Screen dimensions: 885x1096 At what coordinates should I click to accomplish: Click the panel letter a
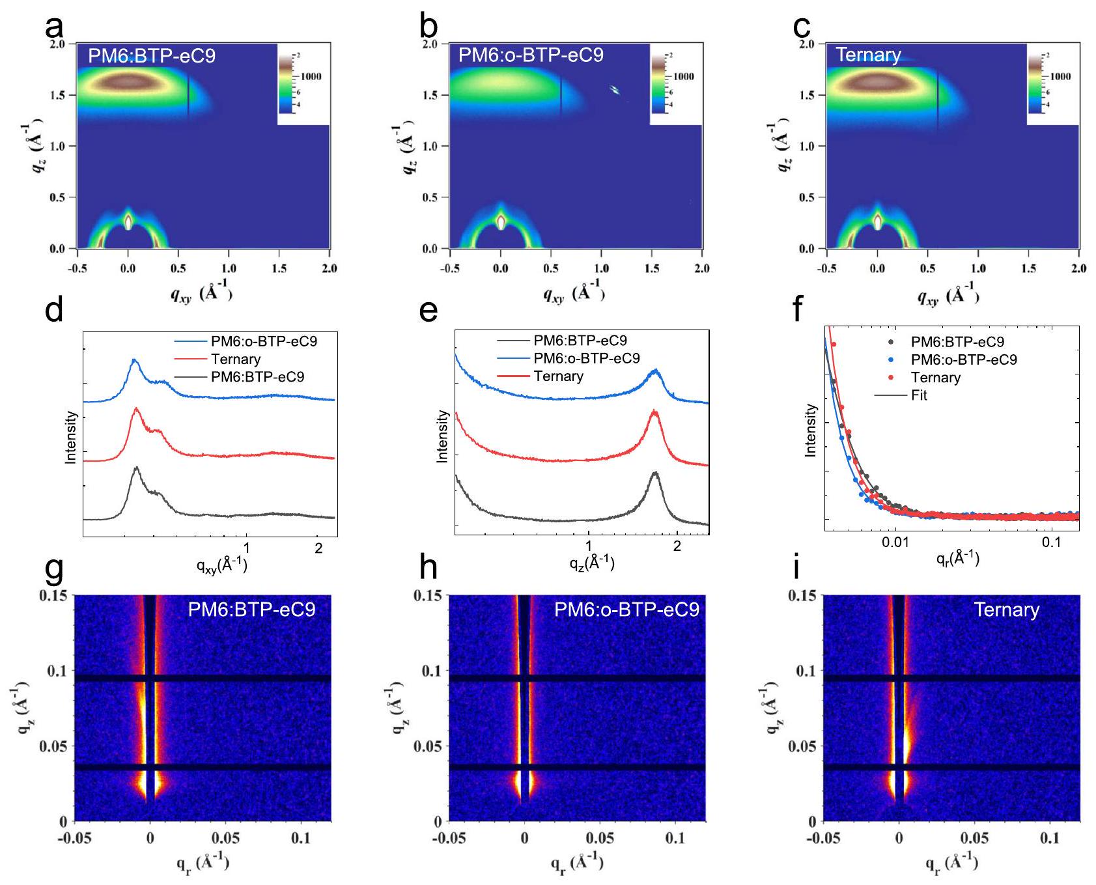point(54,27)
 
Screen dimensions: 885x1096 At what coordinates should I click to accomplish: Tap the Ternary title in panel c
point(868,55)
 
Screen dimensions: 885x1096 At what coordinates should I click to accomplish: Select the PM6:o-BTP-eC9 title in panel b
point(531,55)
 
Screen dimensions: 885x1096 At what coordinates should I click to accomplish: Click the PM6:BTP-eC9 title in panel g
point(251,610)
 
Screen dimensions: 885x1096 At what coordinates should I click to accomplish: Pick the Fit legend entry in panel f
point(918,395)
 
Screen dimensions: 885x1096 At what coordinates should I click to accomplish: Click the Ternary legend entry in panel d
point(235,359)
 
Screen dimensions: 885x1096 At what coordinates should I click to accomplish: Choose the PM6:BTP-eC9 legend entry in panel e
point(580,341)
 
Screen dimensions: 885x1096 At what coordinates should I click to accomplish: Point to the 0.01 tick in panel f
point(895,542)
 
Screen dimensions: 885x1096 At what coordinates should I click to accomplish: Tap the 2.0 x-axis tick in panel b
point(701,268)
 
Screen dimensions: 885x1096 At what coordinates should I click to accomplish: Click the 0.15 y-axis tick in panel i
point(802,596)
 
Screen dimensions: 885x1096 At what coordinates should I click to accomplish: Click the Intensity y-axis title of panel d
point(71,437)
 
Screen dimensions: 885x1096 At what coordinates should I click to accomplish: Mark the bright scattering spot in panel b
point(613,90)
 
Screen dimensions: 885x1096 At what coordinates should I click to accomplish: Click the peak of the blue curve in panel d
point(135,359)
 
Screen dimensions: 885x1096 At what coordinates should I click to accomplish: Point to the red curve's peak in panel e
point(654,412)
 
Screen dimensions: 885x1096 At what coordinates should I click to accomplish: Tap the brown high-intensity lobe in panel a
point(128,82)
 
